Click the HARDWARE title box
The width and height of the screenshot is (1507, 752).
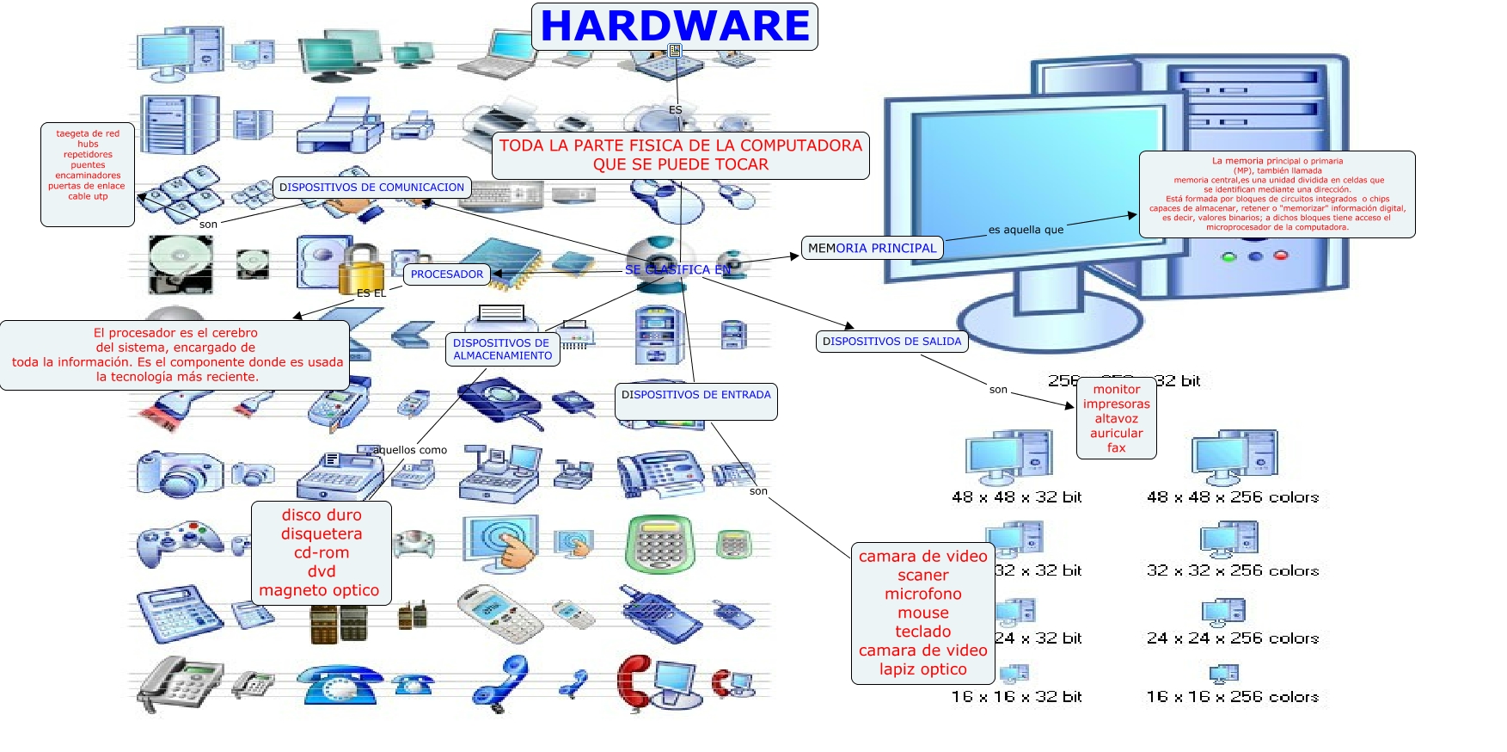675,26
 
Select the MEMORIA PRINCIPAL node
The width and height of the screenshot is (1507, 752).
872,249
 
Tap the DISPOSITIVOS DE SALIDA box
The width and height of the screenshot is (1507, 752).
891,342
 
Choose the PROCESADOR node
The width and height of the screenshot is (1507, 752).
446,274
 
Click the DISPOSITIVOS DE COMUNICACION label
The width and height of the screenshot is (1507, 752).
371,188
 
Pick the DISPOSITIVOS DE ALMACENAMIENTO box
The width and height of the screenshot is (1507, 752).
502,349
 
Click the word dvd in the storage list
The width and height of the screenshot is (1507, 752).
322,571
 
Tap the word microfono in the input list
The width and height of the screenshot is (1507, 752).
922,594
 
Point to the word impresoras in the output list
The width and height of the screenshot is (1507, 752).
1116,404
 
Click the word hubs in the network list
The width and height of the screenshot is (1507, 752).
88,145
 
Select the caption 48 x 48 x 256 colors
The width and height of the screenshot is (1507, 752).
1232,497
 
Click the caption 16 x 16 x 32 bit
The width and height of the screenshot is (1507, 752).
1016,697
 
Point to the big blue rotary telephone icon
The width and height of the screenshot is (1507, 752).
340,685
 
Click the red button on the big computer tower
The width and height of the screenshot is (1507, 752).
1281,256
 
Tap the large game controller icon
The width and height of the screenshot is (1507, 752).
179,542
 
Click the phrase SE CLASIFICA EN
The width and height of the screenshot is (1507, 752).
677,270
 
